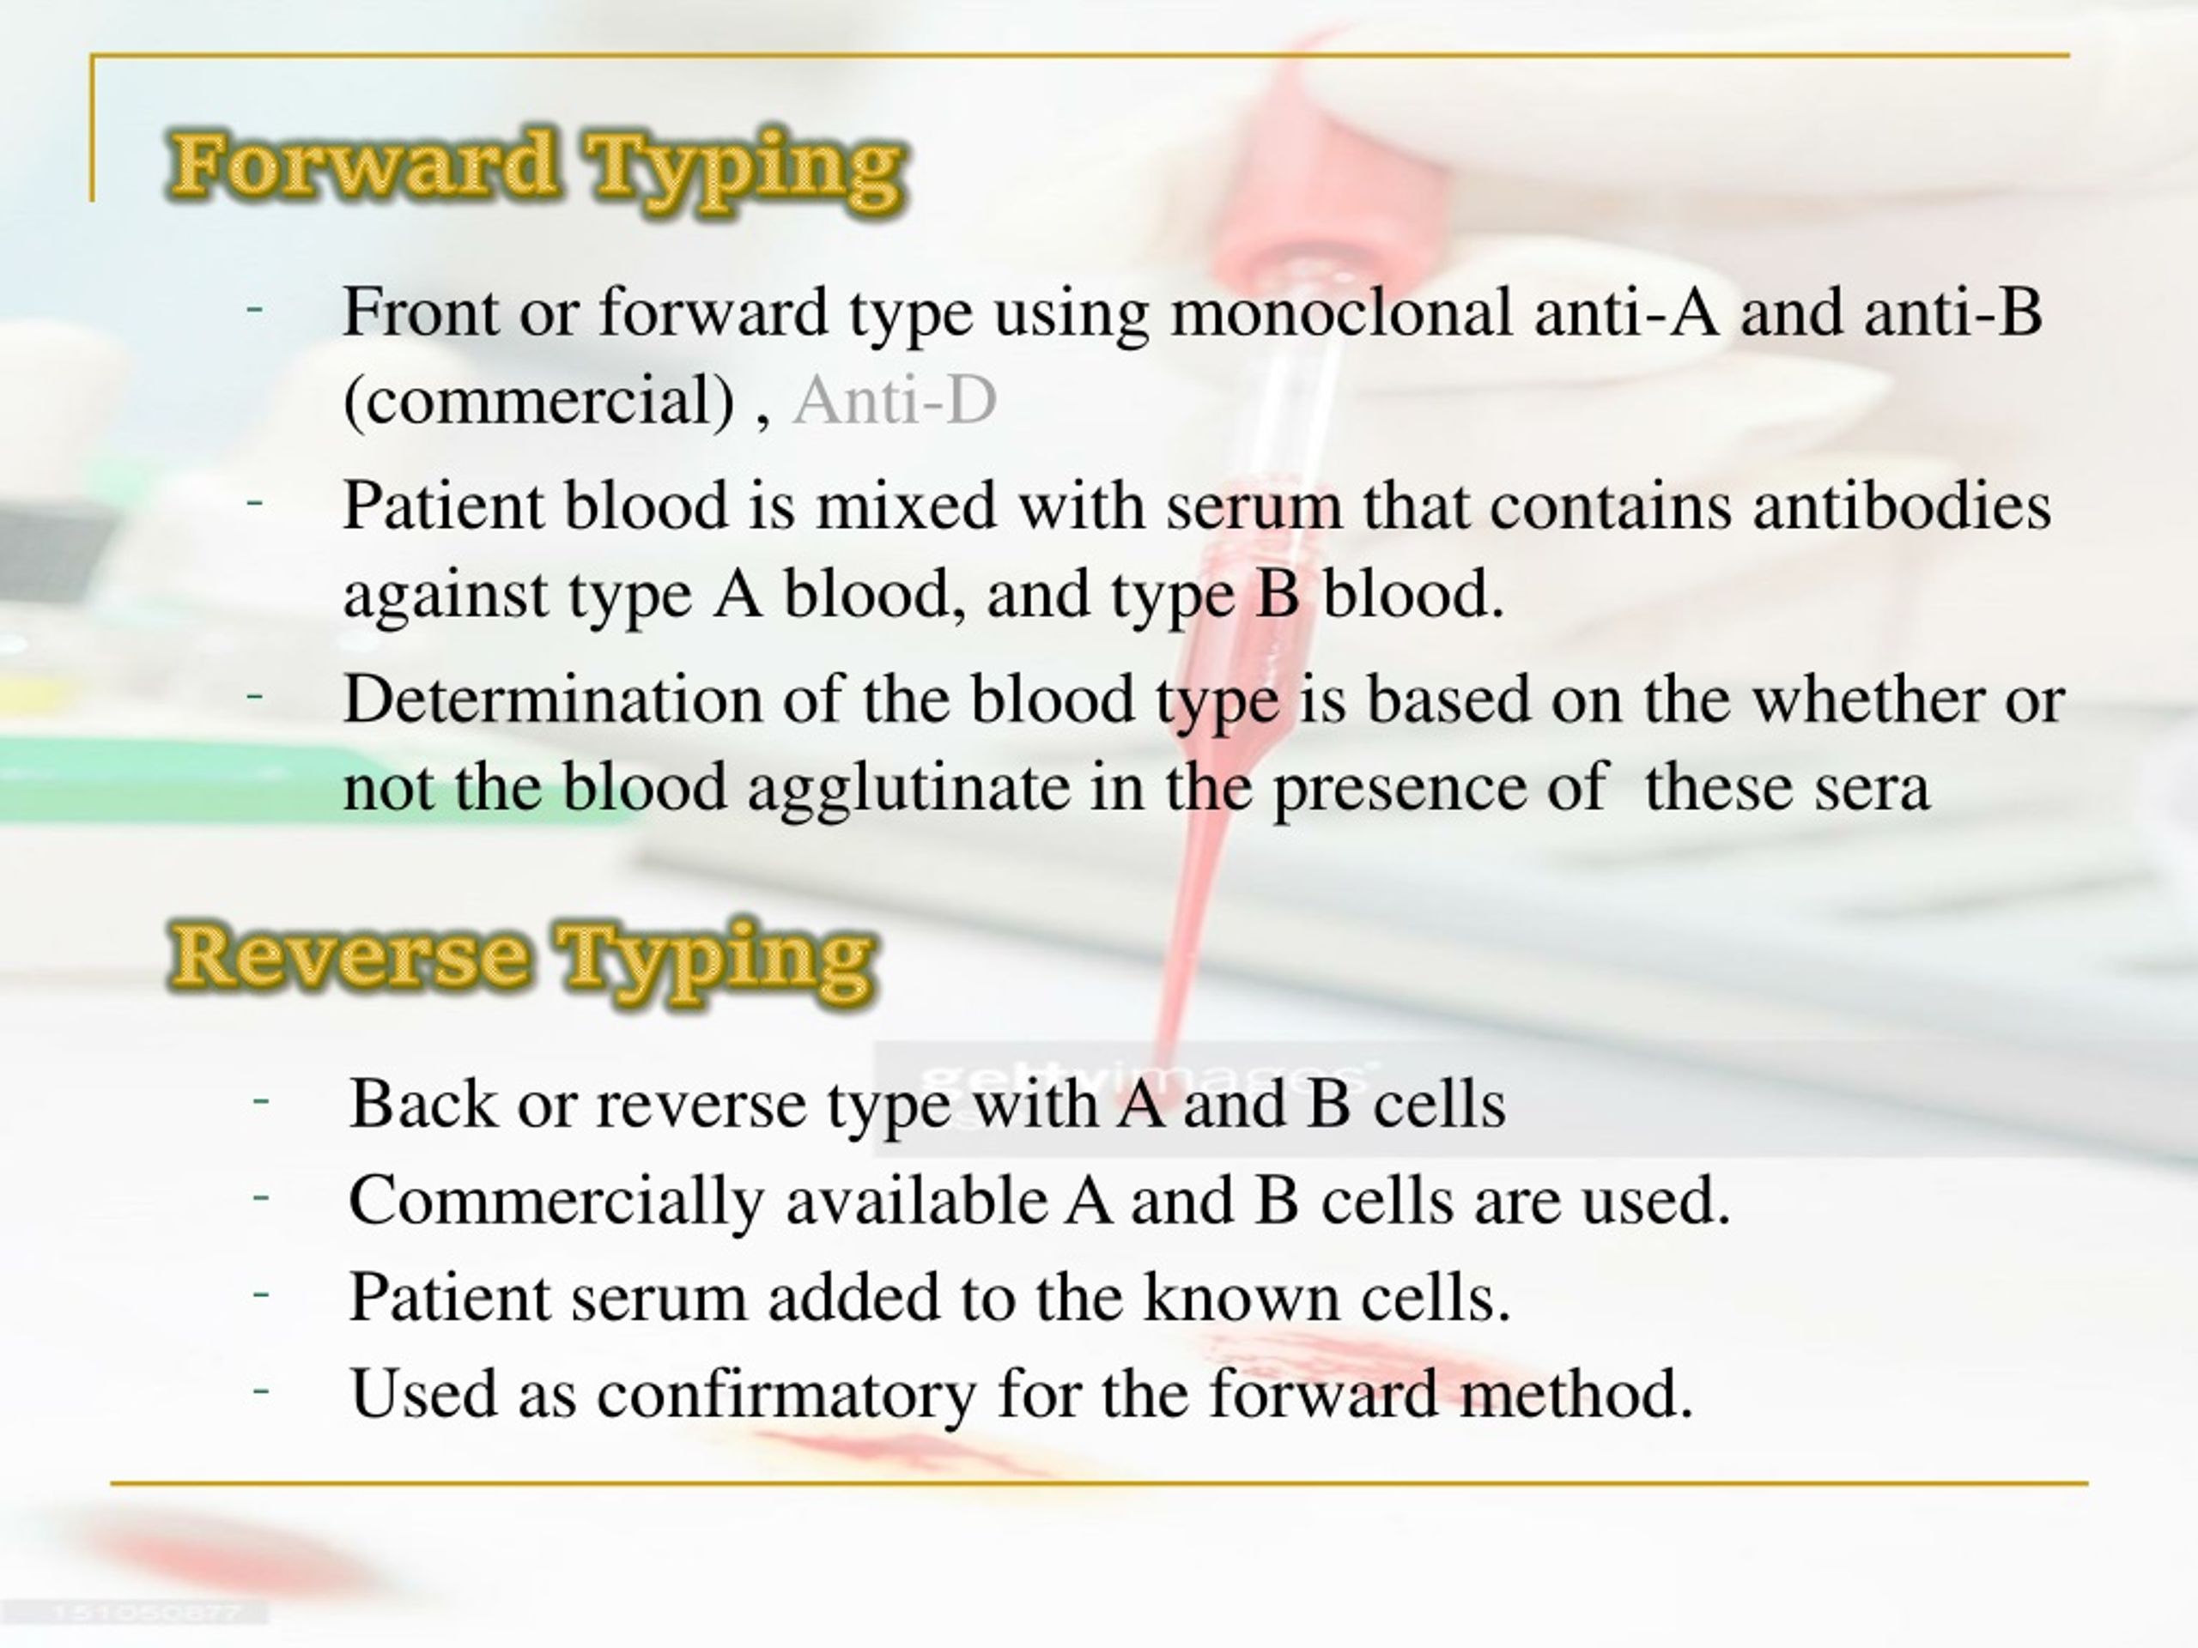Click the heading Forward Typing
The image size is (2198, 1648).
click(x=537, y=167)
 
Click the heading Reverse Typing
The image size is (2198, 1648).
click(x=523, y=957)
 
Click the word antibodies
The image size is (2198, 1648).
click(x=1901, y=506)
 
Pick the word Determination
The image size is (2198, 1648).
click(x=552, y=700)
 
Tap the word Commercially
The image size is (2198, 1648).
click(x=556, y=1202)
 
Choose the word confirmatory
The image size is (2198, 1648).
click(x=786, y=1395)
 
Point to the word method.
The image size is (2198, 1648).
click(x=1574, y=1394)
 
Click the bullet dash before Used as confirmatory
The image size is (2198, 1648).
click(x=261, y=1390)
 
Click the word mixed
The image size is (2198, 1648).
click(x=905, y=506)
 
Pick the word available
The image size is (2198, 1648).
click(x=915, y=1201)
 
